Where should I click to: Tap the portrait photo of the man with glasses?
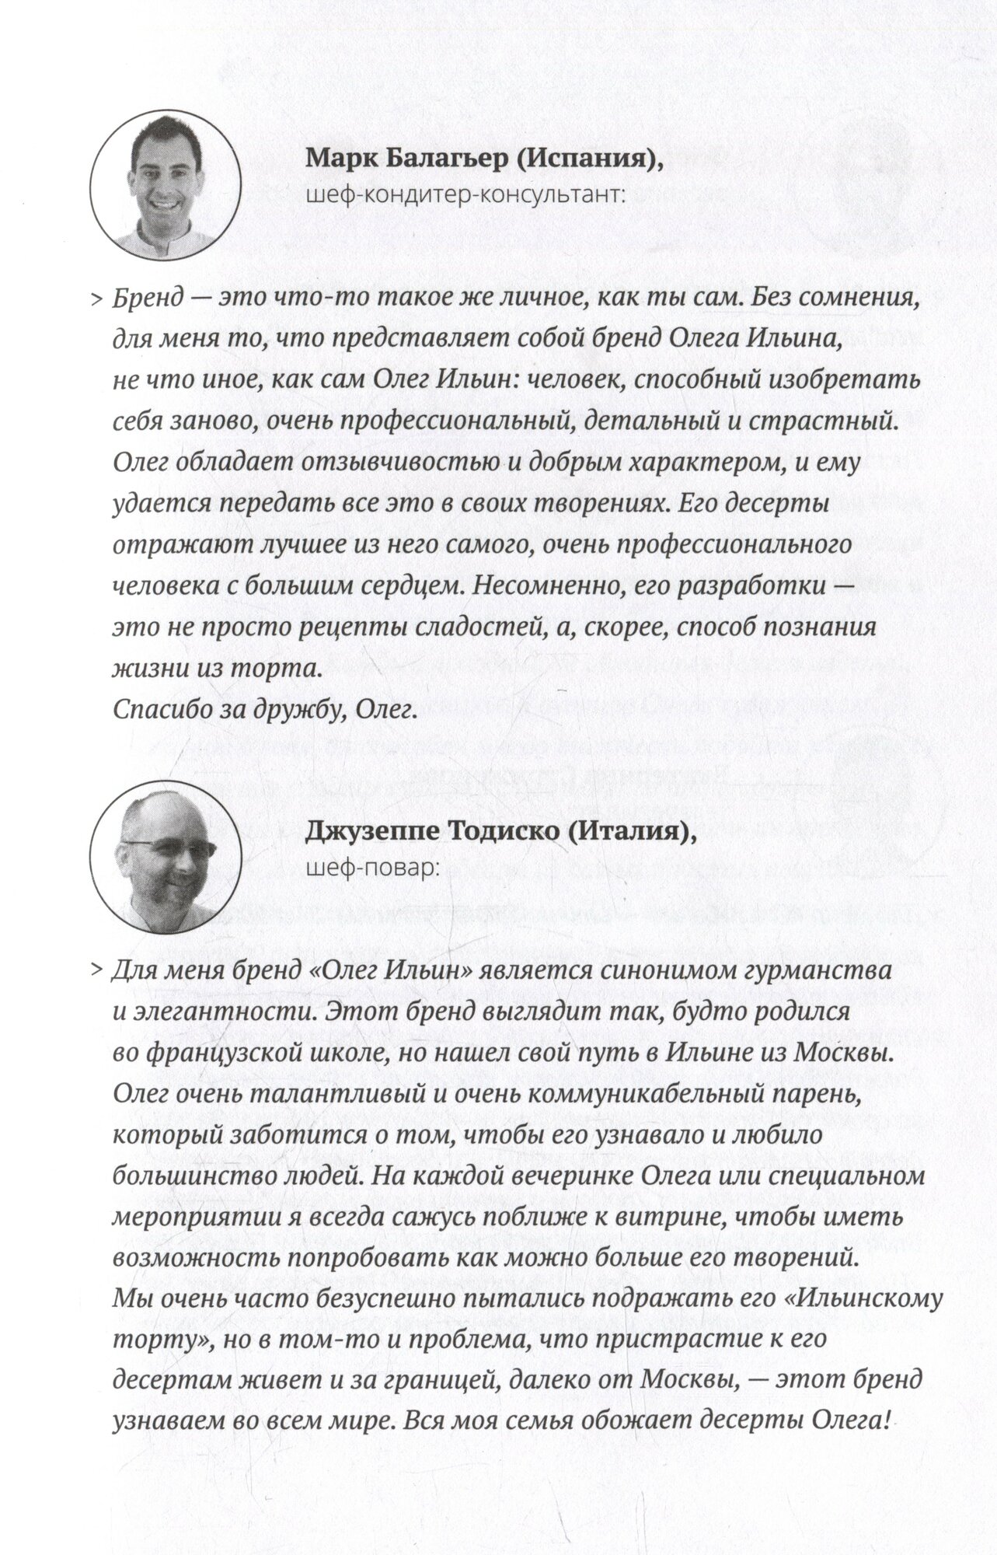tap(165, 859)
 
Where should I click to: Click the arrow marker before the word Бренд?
tap(97, 299)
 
